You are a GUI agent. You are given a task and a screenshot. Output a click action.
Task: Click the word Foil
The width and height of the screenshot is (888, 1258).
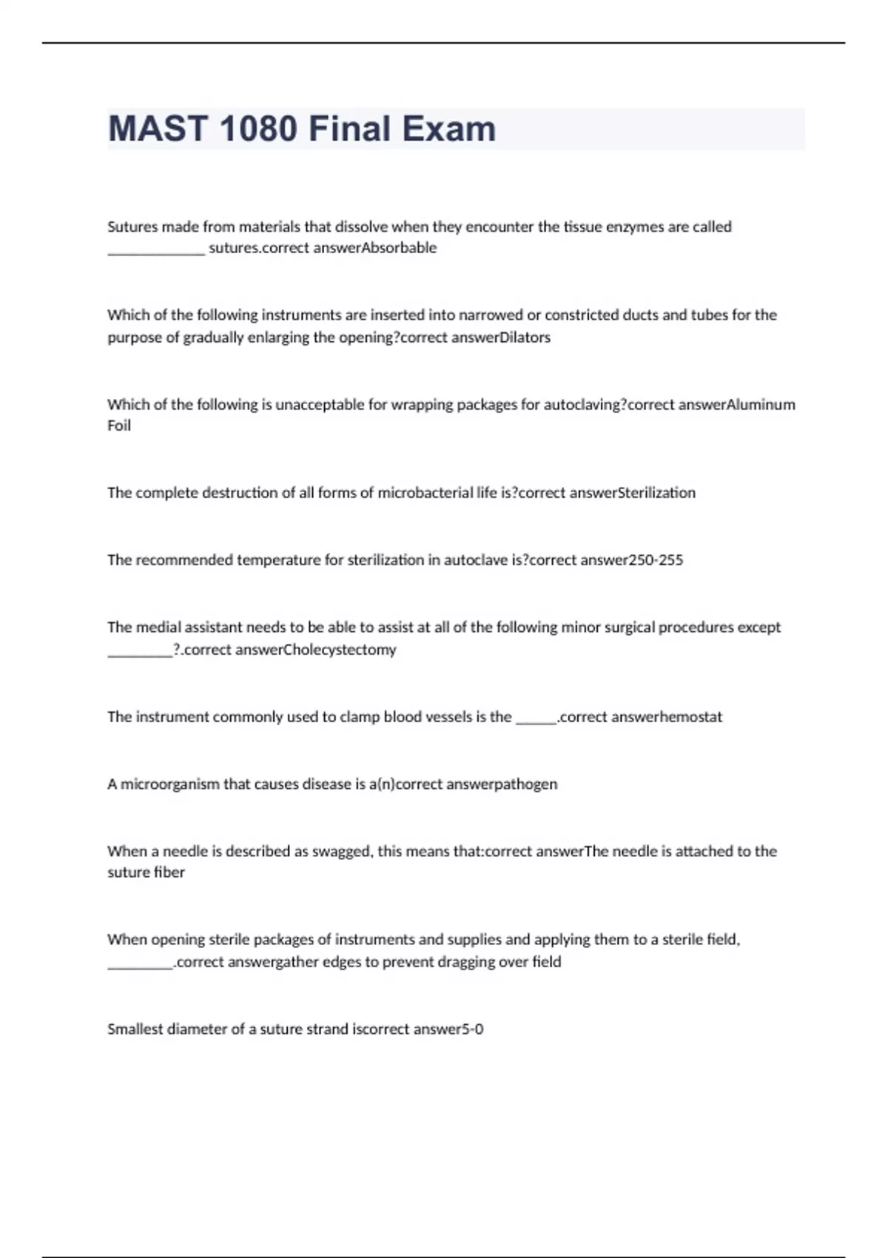(x=119, y=425)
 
